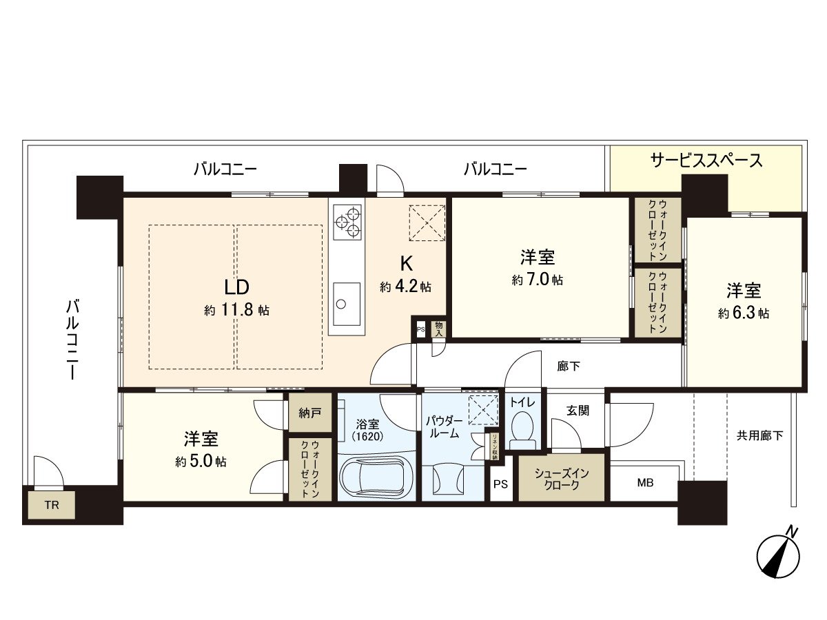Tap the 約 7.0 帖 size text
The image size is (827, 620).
538,280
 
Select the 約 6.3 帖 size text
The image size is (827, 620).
744,313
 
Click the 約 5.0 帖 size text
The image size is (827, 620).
201,461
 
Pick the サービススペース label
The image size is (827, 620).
706,161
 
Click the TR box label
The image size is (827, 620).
52,504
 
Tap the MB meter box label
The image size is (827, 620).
644,483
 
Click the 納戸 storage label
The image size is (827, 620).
310,414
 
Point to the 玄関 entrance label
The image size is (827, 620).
578,411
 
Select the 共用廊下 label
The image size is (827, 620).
759,435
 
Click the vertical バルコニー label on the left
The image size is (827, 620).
72,339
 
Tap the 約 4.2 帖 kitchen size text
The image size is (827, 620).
405,287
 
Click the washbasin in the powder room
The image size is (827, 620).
447,477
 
